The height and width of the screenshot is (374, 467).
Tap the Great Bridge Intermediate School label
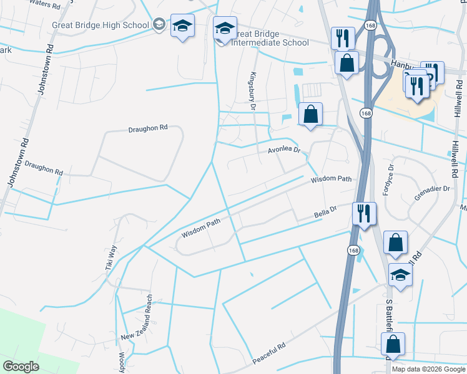(270, 39)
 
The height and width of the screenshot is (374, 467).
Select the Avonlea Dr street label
(284, 150)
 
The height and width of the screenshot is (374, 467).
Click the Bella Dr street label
(325, 215)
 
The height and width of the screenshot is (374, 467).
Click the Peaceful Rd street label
(269, 353)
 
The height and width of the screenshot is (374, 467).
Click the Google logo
(21, 366)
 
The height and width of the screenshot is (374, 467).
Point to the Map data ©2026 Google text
(429, 369)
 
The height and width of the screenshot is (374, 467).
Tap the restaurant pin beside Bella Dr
(363, 213)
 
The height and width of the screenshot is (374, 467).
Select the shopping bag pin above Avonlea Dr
(310, 114)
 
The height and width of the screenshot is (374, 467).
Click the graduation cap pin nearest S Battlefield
(400, 274)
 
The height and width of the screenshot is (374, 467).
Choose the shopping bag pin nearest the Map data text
(393, 343)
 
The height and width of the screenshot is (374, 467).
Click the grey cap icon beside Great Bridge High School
(159, 24)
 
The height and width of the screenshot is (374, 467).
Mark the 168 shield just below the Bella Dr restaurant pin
(354, 250)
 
